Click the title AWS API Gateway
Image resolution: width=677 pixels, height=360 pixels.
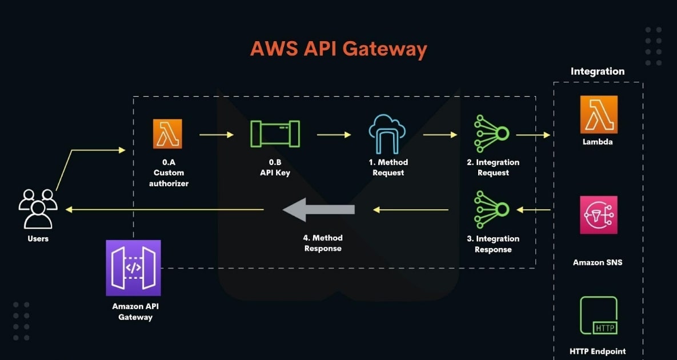pyautogui.click(x=338, y=49)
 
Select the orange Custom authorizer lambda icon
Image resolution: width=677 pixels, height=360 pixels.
pyautogui.click(x=167, y=134)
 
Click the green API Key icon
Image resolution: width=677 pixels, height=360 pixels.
pyautogui.click(x=275, y=134)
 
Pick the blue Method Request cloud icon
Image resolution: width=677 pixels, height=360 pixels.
pyautogui.click(x=388, y=134)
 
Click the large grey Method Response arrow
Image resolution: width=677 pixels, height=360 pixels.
pyautogui.click(x=319, y=210)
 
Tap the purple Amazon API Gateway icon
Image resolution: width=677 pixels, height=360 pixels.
pyautogui.click(x=133, y=268)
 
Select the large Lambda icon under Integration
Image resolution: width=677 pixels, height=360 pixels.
pyautogui.click(x=599, y=114)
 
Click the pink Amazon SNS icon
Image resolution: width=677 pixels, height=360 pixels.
pyautogui.click(x=598, y=215)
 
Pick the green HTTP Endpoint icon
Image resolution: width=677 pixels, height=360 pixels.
pyautogui.click(x=598, y=315)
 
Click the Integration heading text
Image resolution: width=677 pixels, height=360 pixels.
pyautogui.click(x=598, y=71)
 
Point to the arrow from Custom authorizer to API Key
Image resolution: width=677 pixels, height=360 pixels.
pyautogui.click(x=217, y=135)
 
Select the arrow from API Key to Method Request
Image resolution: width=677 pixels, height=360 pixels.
pyautogui.click(x=334, y=135)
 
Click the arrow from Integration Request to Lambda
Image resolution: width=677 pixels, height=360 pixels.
pyautogui.click(x=532, y=135)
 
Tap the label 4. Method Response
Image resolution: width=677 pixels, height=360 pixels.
pyautogui.click(x=323, y=243)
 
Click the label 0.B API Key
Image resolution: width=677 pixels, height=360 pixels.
pyautogui.click(x=275, y=167)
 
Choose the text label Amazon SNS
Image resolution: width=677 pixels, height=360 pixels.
pyautogui.click(x=598, y=262)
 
